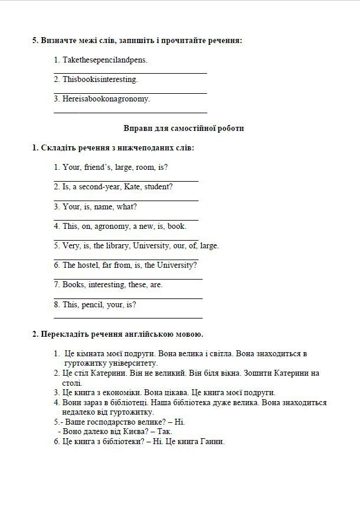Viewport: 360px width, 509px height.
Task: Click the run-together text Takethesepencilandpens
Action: click(x=105, y=60)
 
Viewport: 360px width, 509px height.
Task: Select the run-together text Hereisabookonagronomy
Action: click(x=106, y=98)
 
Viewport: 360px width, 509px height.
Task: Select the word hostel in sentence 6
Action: click(x=89, y=265)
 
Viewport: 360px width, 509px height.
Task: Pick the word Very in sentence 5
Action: click(x=71, y=245)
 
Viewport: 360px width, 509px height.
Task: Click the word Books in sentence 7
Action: click(x=74, y=285)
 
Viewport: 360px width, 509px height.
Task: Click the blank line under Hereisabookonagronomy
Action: click(x=130, y=111)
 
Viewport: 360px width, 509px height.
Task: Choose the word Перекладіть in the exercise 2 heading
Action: click(x=65, y=334)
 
